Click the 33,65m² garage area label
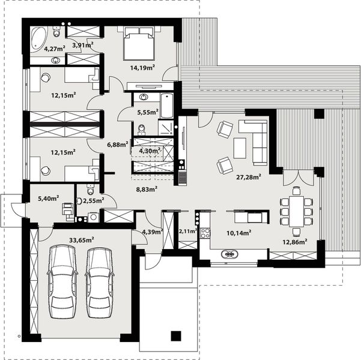[x=81, y=239]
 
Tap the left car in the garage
[x=61, y=281]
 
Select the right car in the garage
[x=99, y=281]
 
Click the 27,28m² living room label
[x=248, y=177]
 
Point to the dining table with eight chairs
[x=296, y=209]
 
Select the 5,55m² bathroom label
[x=147, y=112]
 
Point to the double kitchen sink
[x=229, y=254]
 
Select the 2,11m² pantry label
[x=187, y=230]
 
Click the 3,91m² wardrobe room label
[x=82, y=45]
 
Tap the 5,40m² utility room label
[x=47, y=197]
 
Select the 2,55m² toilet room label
[x=93, y=200]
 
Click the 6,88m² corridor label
[x=117, y=144]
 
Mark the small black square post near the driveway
[x=175, y=337]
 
